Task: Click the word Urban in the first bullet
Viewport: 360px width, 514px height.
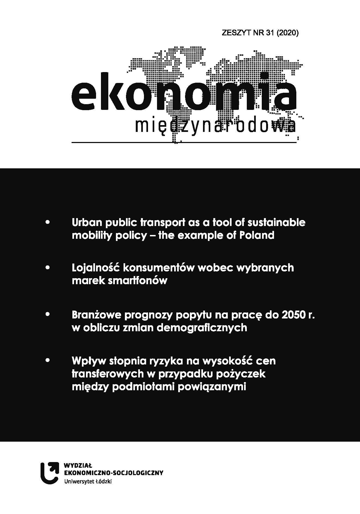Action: [x=86, y=222]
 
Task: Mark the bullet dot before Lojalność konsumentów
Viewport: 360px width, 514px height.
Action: [x=48, y=268]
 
